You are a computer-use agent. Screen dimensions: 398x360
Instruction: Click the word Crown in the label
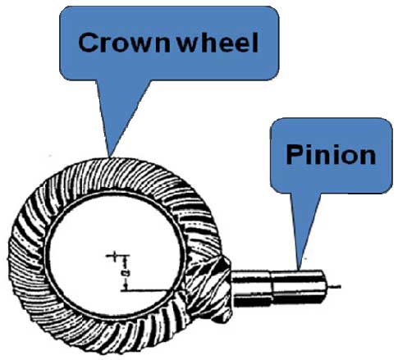point(124,43)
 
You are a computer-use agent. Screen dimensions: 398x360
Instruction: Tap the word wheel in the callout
point(217,43)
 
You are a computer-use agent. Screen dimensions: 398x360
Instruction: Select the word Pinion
point(331,154)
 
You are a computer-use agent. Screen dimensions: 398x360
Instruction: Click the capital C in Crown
point(89,43)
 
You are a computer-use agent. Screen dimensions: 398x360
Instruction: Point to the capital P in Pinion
point(295,154)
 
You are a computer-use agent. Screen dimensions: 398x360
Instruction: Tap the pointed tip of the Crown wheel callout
point(110,157)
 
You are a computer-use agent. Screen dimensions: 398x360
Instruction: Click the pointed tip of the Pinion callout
point(299,269)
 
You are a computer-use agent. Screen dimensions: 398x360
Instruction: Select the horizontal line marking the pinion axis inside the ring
point(148,291)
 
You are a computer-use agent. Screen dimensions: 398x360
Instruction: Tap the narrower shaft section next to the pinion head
point(252,288)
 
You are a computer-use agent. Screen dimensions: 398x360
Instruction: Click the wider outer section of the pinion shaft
point(299,287)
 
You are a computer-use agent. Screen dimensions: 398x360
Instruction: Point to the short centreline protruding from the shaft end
point(334,286)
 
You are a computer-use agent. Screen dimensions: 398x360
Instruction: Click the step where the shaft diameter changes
point(272,288)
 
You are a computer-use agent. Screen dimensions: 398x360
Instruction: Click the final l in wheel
point(255,43)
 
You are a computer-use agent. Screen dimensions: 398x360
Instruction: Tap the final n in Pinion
point(368,157)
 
